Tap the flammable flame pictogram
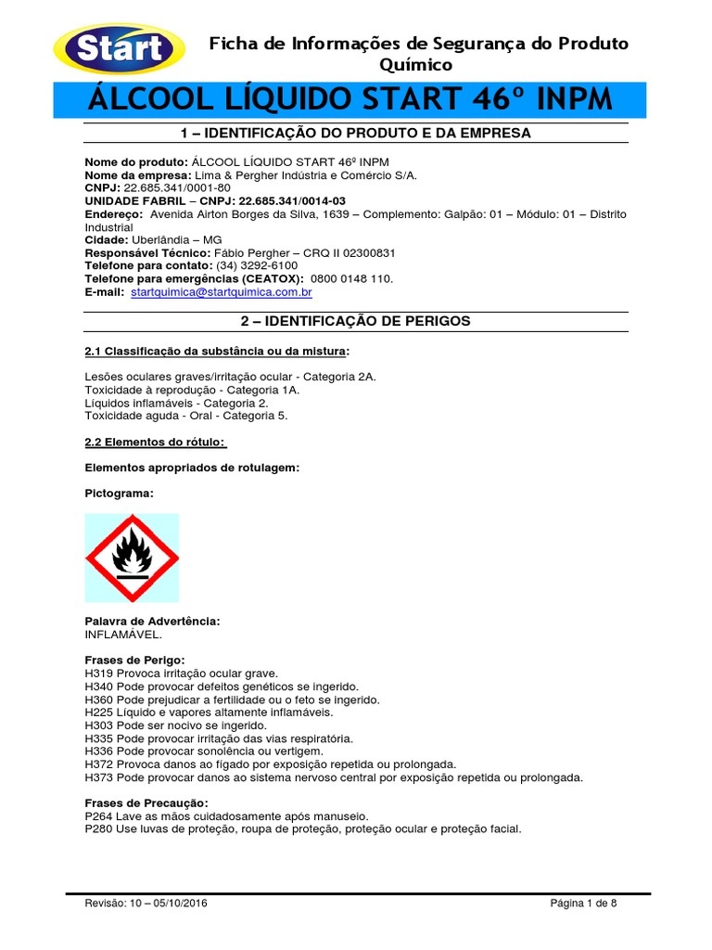click(132, 558)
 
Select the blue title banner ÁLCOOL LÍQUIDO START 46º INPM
click(350, 99)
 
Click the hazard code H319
click(98, 673)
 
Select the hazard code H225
click(98, 712)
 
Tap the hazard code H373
click(98, 777)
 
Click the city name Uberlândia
click(164, 239)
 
